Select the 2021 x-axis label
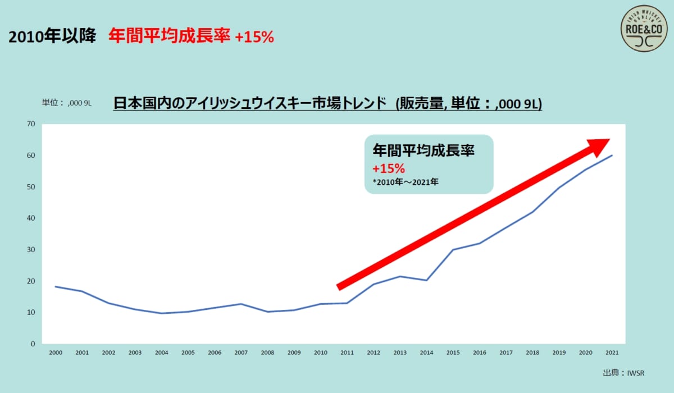pyautogui.click(x=612, y=353)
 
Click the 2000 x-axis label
pyautogui.click(x=56, y=353)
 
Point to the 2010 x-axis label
pyautogui.click(x=320, y=353)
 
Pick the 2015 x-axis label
pyautogui.click(x=453, y=353)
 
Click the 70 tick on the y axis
pyautogui.click(x=31, y=124)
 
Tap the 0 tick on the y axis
pyautogui.click(x=33, y=344)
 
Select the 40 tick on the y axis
pyautogui.click(x=31, y=218)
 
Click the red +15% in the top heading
pyautogui.click(x=254, y=37)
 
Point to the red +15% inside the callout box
pyautogui.click(x=388, y=168)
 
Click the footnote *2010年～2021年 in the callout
pyautogui.click(x=405, y=182)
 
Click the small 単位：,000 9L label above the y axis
pyautogui.click(x=67, y=103)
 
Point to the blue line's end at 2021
pyautogui.click(x=612, y=155)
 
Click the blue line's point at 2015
pyautogui.click(x=453, y=249)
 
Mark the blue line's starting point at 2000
pyautogui.click(x=56, y=286)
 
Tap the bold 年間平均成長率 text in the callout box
pyautogui.click(x=423, y=150)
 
